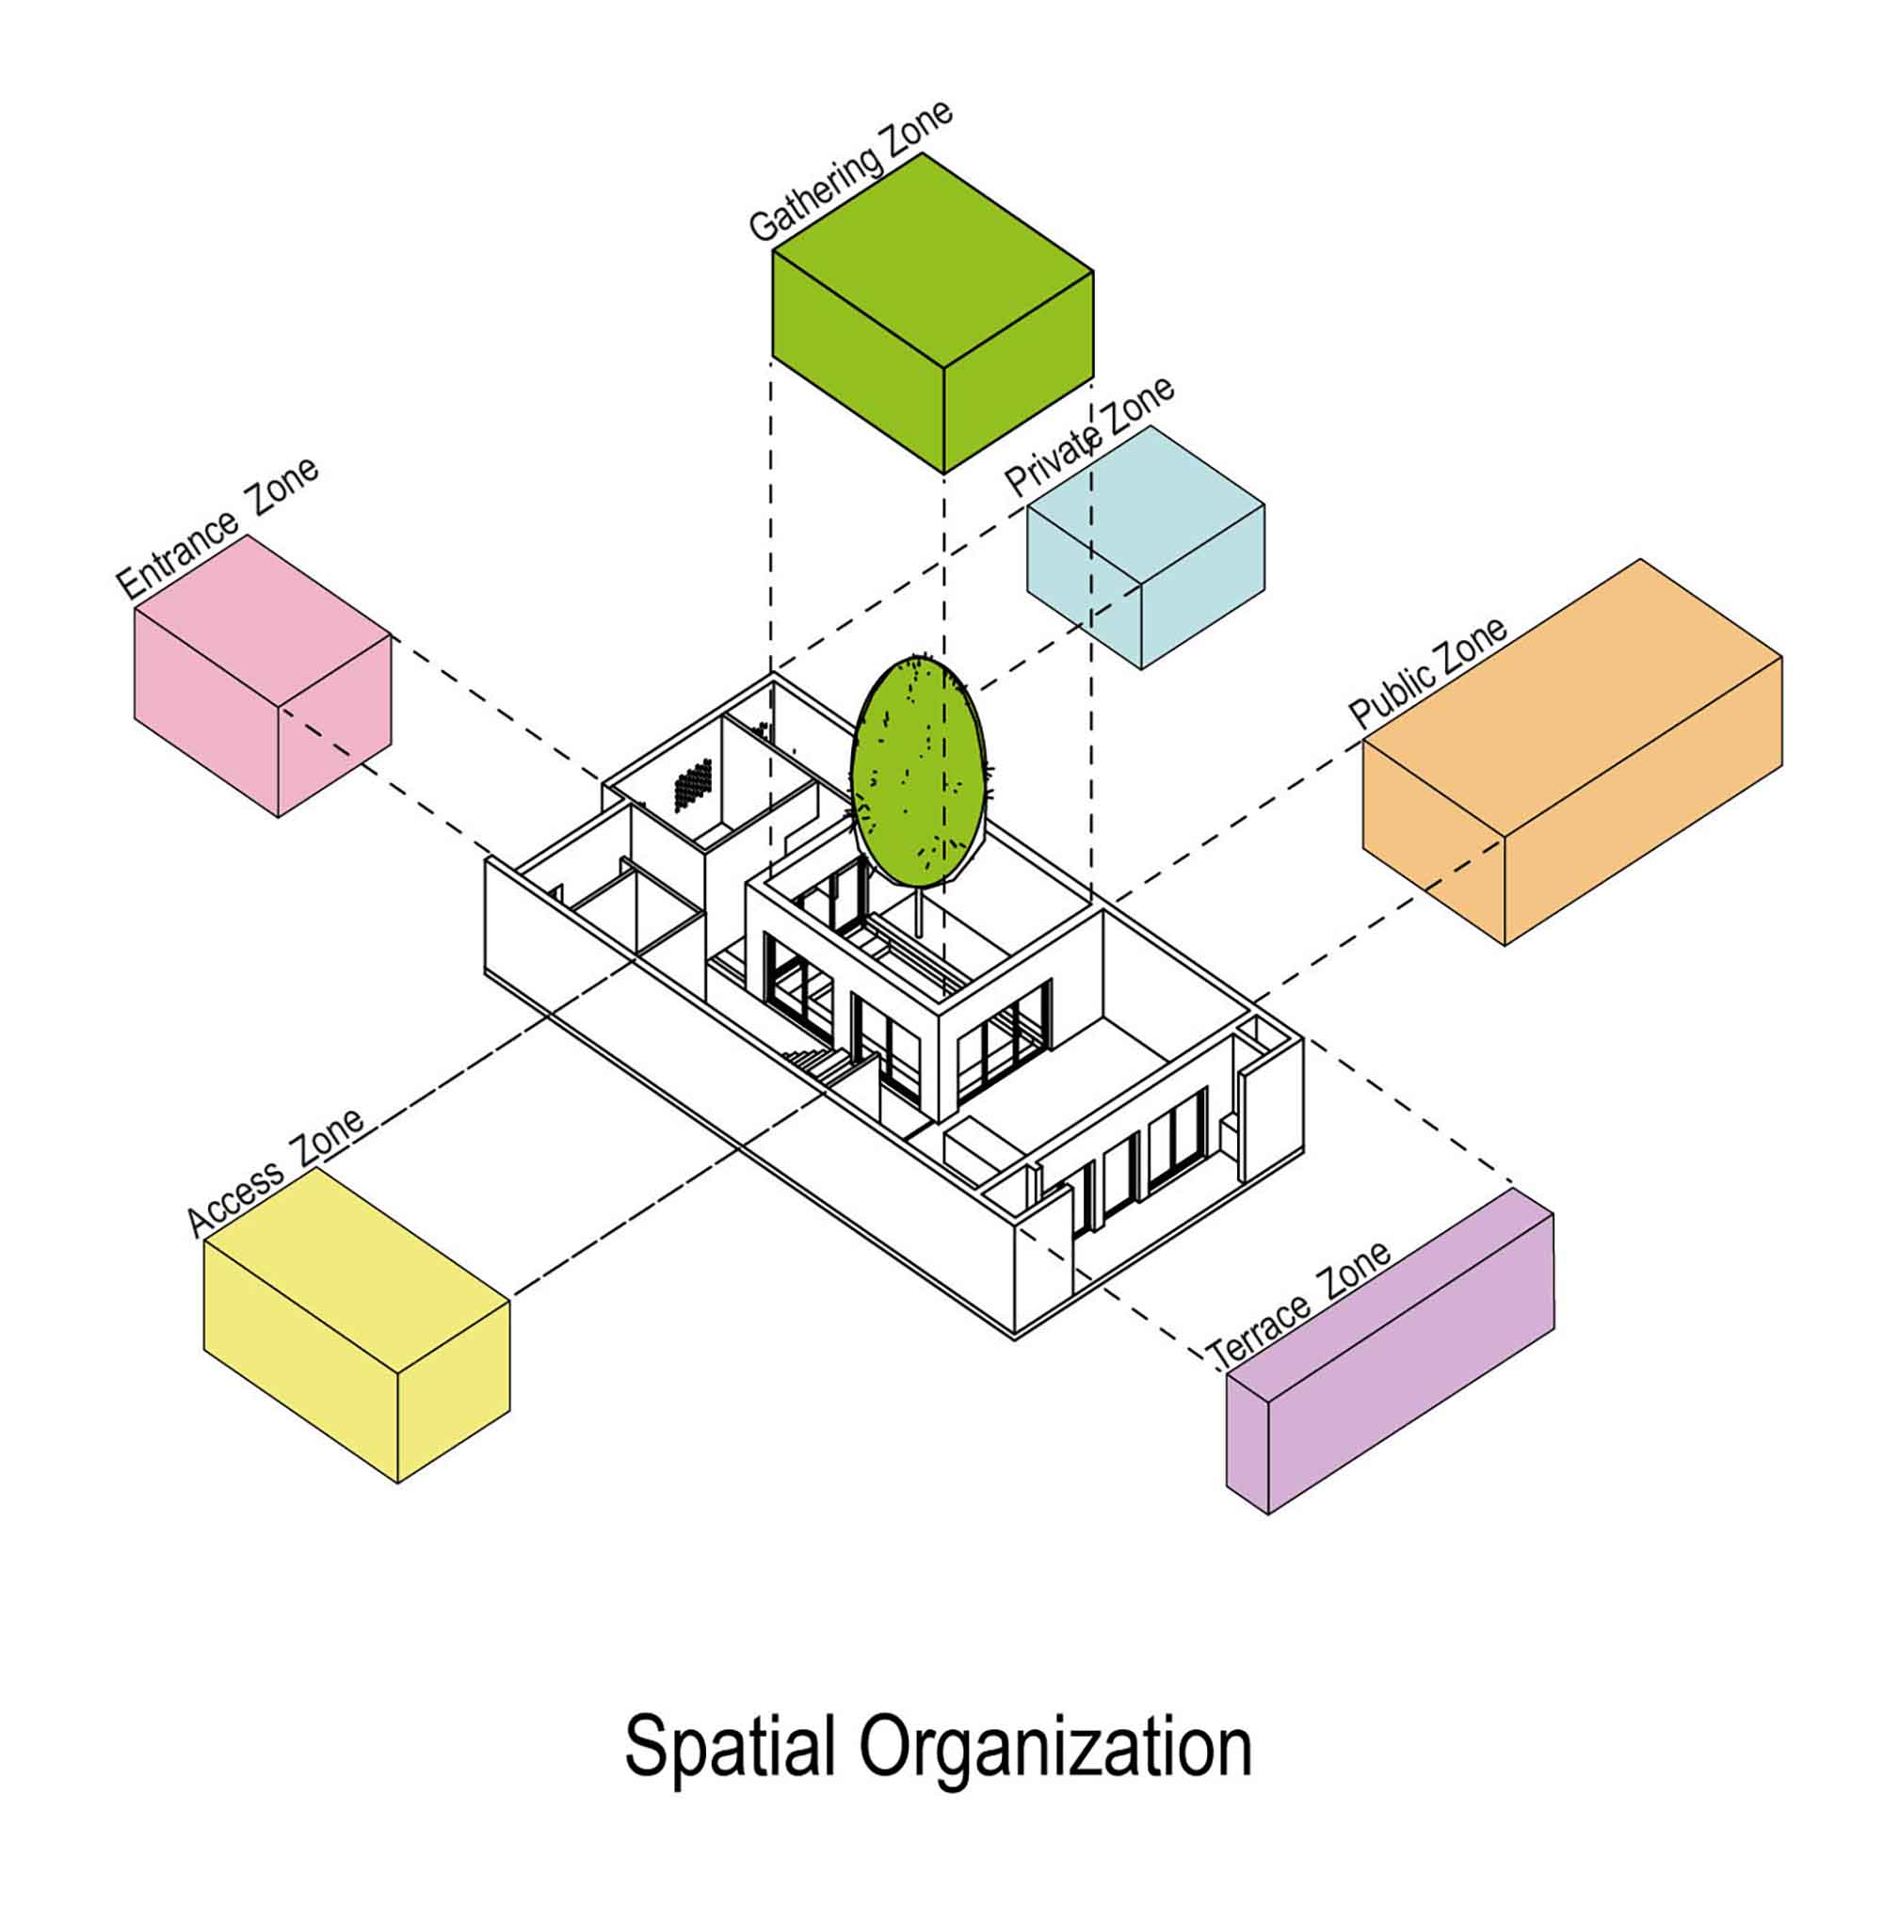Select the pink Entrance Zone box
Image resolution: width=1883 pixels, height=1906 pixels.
click(x=263, y=676)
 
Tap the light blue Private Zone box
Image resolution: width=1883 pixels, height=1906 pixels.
click(x=1145, y=548)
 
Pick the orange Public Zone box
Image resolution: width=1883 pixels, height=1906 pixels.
click(x=1572, y=753)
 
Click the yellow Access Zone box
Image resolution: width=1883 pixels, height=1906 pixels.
click(x=356, y=1325)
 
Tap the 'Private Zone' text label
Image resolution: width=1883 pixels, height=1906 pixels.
click(x=1088, y=436)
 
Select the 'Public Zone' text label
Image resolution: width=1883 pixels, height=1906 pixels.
click(x=1427, y=672)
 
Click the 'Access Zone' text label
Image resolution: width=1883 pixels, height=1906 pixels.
click(x=275, y=1172)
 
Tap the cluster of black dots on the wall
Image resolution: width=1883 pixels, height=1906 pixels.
click(x=693, y=784)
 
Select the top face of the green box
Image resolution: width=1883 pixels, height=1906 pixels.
click(x=933, y=261)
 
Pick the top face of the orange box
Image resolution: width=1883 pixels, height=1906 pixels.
click(x=1572, y=699)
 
